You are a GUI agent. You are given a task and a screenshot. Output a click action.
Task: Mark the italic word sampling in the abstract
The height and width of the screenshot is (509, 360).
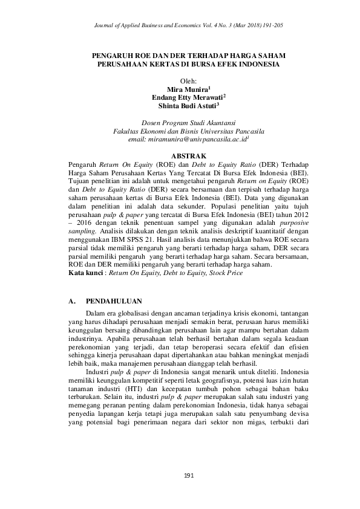[x=82, y=232]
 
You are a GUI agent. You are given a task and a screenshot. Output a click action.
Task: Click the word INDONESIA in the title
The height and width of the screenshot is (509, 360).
[x=257, y=63]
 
